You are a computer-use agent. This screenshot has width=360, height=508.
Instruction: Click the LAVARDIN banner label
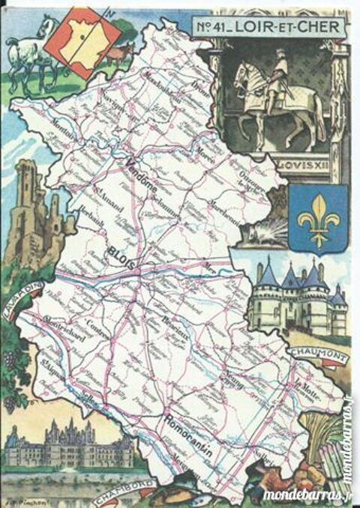click(x=22, y=300)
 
